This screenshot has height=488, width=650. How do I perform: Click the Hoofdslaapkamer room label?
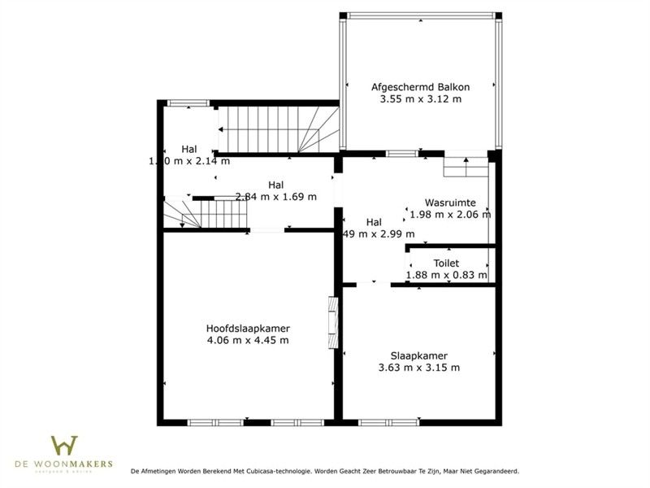click(x=248, y=328)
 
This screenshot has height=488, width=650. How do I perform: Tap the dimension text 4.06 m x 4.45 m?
click(x=248, y=340)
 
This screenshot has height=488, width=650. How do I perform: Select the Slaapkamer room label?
click(x=419, y=355)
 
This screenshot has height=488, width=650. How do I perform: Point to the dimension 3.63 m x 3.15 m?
click(x=419, y=368)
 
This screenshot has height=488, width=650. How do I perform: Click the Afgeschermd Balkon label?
click(x=420, y=86)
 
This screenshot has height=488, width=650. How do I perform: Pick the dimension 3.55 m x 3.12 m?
click(x=420, y=99)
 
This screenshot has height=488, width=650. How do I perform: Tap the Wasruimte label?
click(x=450, y=202)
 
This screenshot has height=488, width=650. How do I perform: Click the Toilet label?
click(x=446, y=263)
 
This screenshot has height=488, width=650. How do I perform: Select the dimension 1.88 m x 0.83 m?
click(x=446, y=275)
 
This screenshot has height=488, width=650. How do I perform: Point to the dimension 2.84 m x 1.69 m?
click(x=275, y=196)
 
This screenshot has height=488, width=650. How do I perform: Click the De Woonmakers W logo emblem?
click(x=65, y=446)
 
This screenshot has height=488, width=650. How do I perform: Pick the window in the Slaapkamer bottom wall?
click(x=383, y=422)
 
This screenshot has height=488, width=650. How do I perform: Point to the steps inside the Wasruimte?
click(x=466, y=166)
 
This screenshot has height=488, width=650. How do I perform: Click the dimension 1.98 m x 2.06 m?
click(x=450, y=215)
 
